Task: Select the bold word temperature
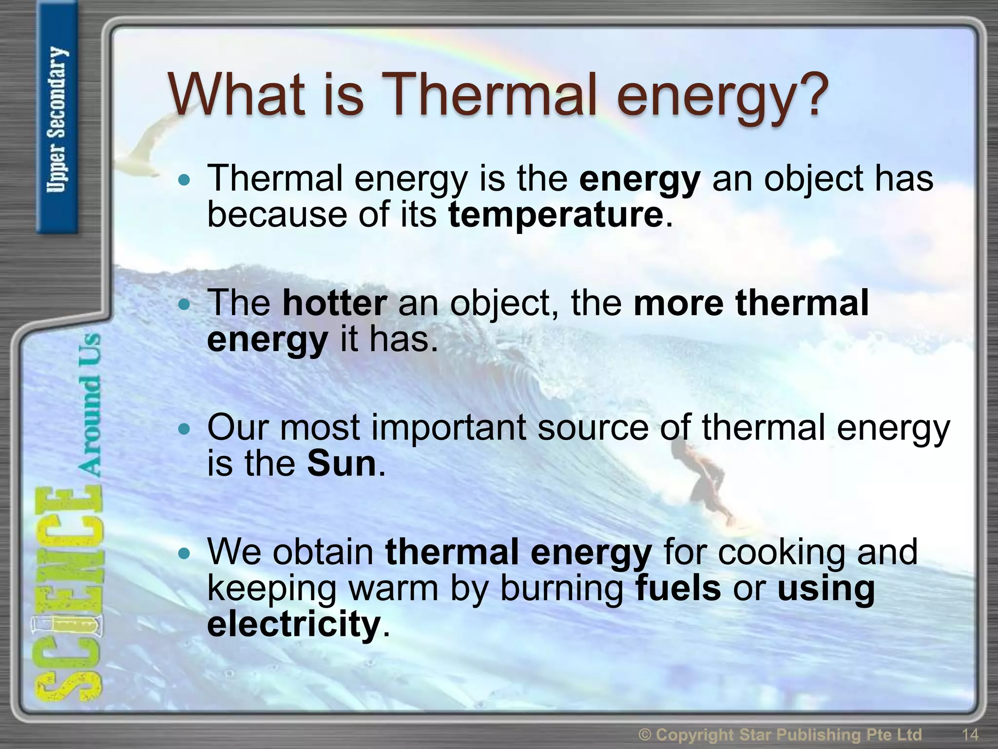pyautogui.click(x=556, y=215)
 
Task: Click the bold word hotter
pyautogui.click(x=335, y=303)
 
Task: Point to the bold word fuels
pyautogui.click(x=678, y=588)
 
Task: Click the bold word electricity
pyautogui.click(x=293, y=624)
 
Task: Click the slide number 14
pyautogui.click(x=970, y=734)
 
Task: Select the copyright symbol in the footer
pyautogui.click(x=645, y=734)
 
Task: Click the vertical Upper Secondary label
pyautogui.click(x=57, y=119)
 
